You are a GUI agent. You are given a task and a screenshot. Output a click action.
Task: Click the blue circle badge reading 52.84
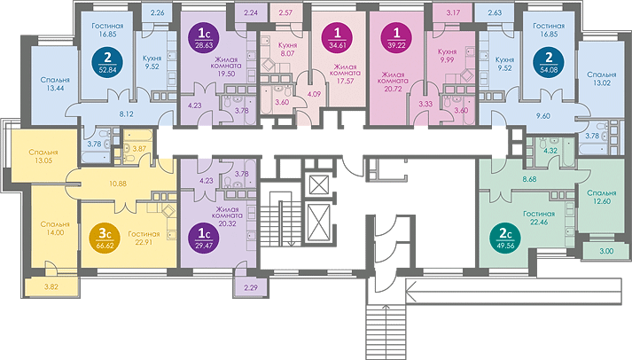point(107,63)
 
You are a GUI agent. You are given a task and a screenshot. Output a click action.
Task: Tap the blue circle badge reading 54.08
point(549,63)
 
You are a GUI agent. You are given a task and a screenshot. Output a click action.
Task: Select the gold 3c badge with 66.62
point(105,239)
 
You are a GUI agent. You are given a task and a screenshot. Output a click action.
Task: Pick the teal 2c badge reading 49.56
point(505,239)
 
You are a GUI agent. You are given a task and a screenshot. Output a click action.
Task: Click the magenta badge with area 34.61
point(338,39)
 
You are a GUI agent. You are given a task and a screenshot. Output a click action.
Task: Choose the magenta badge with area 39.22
point(396,39)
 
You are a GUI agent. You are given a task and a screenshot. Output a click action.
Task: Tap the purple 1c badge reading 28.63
point(204,39)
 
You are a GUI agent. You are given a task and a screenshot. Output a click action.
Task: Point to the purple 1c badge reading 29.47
point(204,239)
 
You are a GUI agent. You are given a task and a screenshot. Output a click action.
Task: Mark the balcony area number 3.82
point(51,287)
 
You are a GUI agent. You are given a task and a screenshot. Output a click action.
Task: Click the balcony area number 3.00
point(606,251)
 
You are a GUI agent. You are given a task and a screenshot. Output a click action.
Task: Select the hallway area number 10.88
point(118,184)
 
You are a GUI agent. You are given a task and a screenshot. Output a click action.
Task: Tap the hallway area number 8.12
point(126,114)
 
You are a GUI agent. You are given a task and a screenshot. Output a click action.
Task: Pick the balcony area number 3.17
point(453,12)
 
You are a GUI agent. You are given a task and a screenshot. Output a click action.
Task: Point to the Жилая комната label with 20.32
point(227,216)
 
